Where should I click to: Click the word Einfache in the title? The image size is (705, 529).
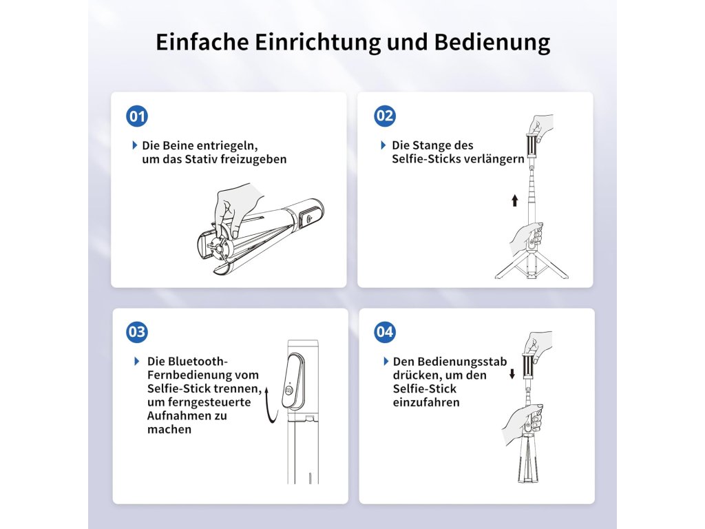click(x=202, y=42)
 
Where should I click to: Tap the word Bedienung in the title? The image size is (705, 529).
click(x=492, y=43)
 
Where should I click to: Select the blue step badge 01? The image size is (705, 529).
click(x=137, y=116)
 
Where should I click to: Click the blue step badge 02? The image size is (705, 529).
click(x=385, y=116)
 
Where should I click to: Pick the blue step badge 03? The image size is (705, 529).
click(x=137, y=332)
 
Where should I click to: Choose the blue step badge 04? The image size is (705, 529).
click(x=385, y=332)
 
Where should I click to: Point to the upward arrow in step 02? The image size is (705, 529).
click(x=515, y=200)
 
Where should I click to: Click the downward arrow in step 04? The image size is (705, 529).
click(x=512, y=374)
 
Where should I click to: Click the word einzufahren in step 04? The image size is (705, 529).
click(x=426, y=402)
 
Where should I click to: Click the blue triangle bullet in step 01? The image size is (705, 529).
click(x=135, y=145)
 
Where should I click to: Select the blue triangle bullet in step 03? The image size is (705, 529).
click(x=137, y=361)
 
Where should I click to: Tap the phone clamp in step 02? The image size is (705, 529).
click(x=532, y=146)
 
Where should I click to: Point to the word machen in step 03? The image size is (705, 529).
click(x=169, y=430)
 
